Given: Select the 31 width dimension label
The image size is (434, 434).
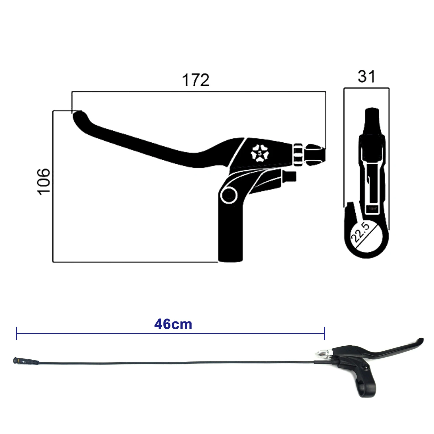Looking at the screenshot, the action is (x=366, y=76).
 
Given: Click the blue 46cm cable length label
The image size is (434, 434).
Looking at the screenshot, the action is (x=173, y=324).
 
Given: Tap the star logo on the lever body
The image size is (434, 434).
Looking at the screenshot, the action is (x=260, y=153).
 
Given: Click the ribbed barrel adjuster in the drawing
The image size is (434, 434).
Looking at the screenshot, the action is (x=298, y=155).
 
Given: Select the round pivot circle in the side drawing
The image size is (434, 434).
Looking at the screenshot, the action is (x=229, y=195).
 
